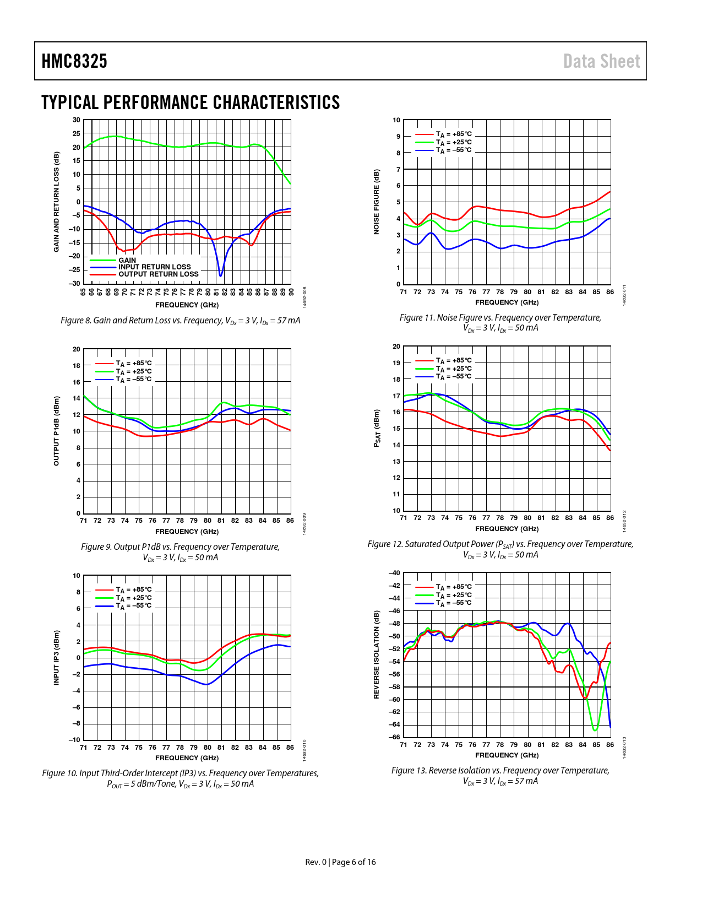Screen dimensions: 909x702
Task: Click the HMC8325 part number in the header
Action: click(74, 61)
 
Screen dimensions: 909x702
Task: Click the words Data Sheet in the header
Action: click(601, 61)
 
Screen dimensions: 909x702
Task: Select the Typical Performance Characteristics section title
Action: click(191, 102)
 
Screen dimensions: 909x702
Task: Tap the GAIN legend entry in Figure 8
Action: click(127, 260)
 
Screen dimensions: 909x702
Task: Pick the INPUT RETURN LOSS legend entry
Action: click(154, 267)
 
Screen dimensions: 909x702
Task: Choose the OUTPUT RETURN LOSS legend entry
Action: click(158, 274)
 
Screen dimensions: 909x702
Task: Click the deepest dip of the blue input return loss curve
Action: click(221, 275)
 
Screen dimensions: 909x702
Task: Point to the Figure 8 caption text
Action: click(180, 321)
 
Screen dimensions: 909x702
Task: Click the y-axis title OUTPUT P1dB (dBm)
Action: click(56, 431)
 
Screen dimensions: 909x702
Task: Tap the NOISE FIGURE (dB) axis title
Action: click(377, 202)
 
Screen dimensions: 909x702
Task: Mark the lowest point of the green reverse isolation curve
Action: click(595, 730)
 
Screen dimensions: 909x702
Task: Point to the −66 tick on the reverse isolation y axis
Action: click(394, 737)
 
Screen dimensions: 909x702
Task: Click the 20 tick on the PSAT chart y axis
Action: click(396, 347)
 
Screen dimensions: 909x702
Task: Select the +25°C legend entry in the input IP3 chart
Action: click(133, 598)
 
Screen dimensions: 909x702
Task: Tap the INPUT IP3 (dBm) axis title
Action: click(56, 658)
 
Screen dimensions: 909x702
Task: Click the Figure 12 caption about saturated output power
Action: click(500, 549)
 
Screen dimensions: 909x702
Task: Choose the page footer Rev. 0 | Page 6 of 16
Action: click(340, 862)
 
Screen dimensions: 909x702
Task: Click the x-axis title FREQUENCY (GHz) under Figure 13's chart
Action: click(507, 755)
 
